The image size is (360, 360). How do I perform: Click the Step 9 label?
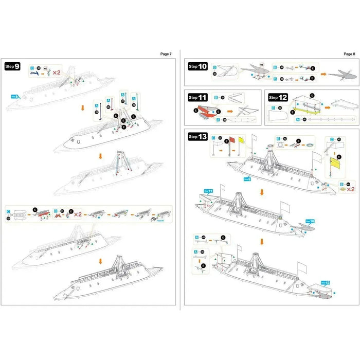coord(12,66)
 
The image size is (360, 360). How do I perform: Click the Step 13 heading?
coord(197,136)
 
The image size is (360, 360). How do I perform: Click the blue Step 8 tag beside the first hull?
coord(14,96)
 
